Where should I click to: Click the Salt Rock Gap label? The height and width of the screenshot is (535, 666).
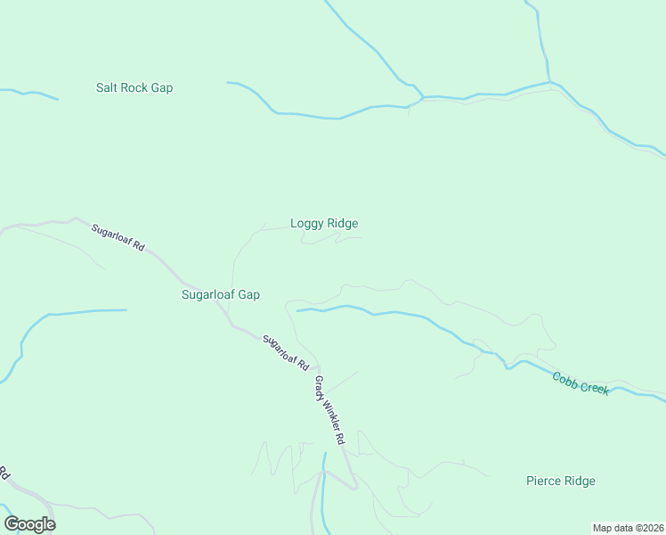pyautogui.click(x=134, y=88)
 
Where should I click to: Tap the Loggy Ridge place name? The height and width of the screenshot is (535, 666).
pyautogui.click(x=324, y=224)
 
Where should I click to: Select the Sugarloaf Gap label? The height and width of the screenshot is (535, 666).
pyautogui.click(x=221, y=294)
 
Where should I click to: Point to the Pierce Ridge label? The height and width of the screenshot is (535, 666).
pyautogui.click(x=560, y=481)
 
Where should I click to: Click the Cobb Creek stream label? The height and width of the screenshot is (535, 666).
pyautogui.click(x=581, y=383)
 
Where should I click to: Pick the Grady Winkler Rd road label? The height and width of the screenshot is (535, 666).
pyautogui.click(x=329, y=411)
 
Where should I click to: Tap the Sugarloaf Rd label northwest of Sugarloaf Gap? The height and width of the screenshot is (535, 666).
pyautogui.click(x=118, y=237)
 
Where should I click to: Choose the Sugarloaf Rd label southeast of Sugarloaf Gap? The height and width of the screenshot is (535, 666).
pyautogui.click(x=286, y=353)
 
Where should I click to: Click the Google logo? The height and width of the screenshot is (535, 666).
pyautogui.click(x=29, y=524)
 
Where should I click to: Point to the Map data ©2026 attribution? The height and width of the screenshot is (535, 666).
pyautogui.click(x=628, y=528)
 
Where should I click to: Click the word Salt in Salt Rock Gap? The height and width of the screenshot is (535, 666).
pyautogui.click(x=108, y=88)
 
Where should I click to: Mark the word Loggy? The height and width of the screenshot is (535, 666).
pyautogui.click(x=307, y=224)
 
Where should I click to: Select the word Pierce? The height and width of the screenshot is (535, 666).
pyautogui.click(x=543, y=481)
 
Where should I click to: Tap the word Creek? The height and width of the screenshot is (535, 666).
pyautogui.click(x=594, y=387)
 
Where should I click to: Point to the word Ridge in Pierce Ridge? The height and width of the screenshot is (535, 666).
pyautogui.click(x=580, y=481)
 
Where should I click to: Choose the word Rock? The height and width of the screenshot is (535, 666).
pyautogui.click(x=135, y=88)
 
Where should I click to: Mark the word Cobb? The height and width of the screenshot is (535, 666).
pyautogui.click(x=565, y=379)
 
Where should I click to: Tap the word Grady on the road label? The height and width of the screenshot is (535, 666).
pyautogui.click(x=320, y=390)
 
